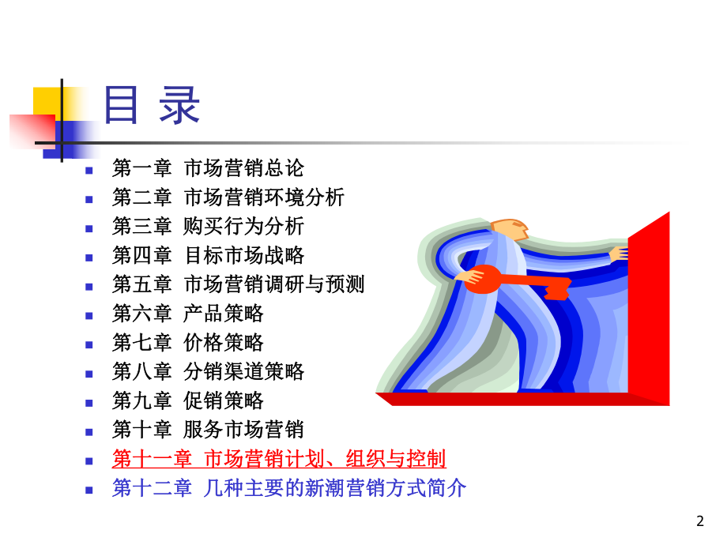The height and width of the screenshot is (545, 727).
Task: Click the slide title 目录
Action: click(152, 107)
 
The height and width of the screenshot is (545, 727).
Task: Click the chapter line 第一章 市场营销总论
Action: click(208, 168)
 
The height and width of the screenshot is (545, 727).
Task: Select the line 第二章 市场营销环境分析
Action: click(228, 197)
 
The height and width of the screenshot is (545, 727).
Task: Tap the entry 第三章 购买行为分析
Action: click(208, 227)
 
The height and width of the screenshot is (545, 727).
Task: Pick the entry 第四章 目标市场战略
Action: click(208, 256)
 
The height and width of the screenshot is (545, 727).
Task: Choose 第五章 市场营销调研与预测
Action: click(239, 284)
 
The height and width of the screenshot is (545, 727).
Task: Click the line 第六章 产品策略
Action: click(188, 314)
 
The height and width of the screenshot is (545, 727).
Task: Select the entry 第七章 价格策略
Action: click(188, 343)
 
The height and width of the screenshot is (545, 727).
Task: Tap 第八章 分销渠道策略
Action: click(208, 371)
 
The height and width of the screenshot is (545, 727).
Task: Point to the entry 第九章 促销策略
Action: click(188, 400)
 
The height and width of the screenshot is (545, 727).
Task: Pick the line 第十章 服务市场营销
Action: click(208, 430)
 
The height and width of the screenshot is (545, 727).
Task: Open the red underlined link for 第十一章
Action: click(279, 459)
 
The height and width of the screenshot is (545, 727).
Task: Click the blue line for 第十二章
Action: click(289, 488)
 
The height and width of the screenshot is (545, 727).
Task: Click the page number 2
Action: click(699, 521)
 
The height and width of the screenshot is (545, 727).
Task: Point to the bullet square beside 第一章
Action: click(90, 170)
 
